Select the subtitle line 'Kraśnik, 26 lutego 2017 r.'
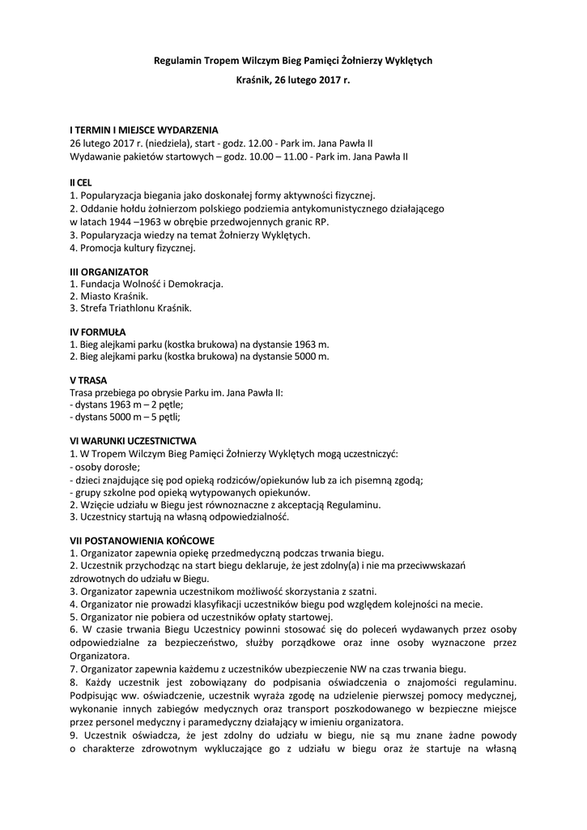(293, 81)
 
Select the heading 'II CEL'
(81, 183)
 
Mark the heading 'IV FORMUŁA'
(98, 332)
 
